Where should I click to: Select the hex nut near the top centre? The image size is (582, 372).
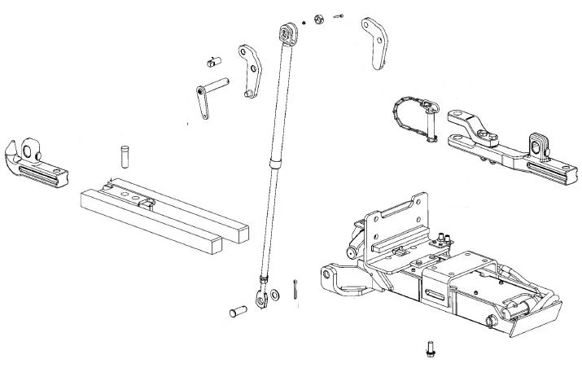coord(319,17)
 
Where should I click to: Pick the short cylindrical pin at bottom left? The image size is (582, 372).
coord(238,310)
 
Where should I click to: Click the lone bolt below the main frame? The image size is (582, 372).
coord(428,349)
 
